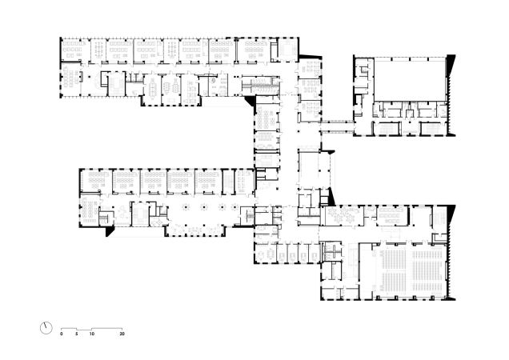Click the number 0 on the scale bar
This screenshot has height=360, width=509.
pyautogui.click(x=62, y=334)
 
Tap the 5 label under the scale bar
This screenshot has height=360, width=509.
pyautogui.click(x=77, y=334)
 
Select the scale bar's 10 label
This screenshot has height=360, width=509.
pyautogui.click(x=92, y=334)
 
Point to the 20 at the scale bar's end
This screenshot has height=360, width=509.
pyautogui.click(x=122, y=334)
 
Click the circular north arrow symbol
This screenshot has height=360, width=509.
pyautogui.click(x=46, y=328)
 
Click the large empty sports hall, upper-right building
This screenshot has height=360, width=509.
pyautogui.click(x=409, y=80)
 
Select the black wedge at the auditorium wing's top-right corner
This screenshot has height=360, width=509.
pyautogui.click(x=451, y=214)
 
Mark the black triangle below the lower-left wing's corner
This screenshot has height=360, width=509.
pyautogui.click(x=110, y=231)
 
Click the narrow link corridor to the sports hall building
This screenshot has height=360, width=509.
pyautogui.click(x=338, y=126)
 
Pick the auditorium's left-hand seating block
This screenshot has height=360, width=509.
pyautogui.click(x=394, y=270)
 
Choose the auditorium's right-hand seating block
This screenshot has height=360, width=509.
pyautogui.click(x=427, y=270)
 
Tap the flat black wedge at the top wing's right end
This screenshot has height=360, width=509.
pyautogui.click(x=311, y=57)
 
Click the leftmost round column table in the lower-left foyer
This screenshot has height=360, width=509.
pyautogui.click(x=186, y=206)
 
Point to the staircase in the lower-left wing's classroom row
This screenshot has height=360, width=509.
pyautogui.click(x=229, y=181)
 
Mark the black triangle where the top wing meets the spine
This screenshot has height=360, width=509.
pyautogui.click(x=250, y=101)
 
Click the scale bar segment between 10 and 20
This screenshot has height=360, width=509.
pyautogui.click(x=106, y=329)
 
